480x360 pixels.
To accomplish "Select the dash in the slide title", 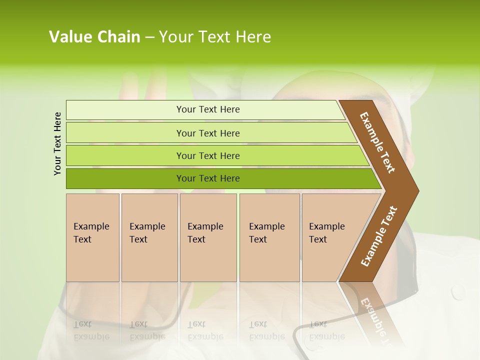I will (149, 37).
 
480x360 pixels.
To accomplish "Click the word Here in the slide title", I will (253, 37).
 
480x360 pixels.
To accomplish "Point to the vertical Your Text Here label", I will (57, 143).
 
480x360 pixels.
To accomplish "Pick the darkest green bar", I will (125, 178).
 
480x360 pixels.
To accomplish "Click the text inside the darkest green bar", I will (208, 178).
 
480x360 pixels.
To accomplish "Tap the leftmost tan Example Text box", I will (92, 237).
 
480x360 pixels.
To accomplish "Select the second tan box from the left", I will (149, 237).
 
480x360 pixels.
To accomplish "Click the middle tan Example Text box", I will (208, 237).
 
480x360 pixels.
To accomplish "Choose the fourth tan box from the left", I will (269, 237).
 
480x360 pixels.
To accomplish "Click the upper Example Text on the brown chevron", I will (377, 142).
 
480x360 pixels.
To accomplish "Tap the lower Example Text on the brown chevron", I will (379, 236).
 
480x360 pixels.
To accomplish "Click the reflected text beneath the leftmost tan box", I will (91, 330).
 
